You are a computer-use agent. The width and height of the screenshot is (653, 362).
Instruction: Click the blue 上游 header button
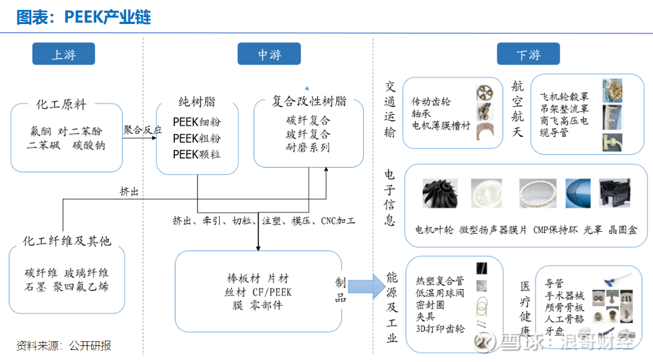tap(63, 54)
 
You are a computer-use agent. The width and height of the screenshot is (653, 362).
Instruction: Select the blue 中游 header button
tap(268, 54)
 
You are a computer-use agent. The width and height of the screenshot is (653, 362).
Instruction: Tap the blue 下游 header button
tap(528, 54)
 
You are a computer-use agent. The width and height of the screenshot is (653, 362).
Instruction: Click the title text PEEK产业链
tap(83, 17)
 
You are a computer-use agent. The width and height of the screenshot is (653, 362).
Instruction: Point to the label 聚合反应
tap(142, 130)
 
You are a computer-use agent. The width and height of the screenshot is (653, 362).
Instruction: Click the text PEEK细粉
tap(196, 122)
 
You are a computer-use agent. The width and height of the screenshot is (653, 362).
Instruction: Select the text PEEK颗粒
tap(196, 154)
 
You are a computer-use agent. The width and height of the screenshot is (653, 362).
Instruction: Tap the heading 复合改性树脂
tap(308, 102)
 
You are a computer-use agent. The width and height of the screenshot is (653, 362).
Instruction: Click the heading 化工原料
tap(61, 105)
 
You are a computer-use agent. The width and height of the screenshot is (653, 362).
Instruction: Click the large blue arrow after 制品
tap(365, 287)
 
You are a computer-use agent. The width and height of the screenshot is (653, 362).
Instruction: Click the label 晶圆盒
tap(623, 230)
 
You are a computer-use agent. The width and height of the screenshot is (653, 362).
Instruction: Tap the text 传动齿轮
tap(431, 102)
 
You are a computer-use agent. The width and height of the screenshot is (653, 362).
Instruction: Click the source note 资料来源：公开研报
tap(63, 345)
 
